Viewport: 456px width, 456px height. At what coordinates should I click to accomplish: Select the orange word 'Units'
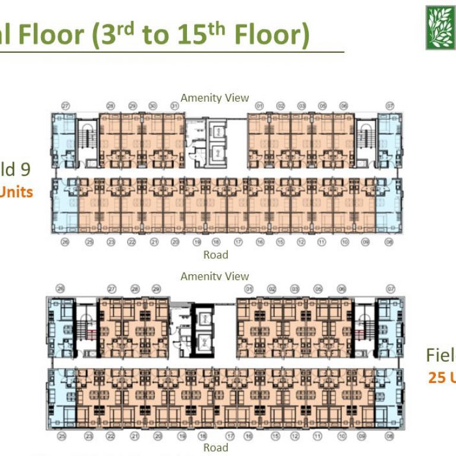[x=16, y=192]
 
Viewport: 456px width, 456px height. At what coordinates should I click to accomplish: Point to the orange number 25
[x=437, y=378]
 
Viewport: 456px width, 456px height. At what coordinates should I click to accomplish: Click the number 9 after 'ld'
[x=25, y=170]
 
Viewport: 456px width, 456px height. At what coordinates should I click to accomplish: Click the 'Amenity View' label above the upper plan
[x=215, y=97]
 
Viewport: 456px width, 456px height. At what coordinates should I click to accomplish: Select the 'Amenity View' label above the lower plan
[x=215, y=276]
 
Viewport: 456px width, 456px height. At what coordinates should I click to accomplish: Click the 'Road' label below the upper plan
[x=216, y=255]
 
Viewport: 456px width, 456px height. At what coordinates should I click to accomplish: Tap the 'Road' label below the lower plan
[x=216, y=447]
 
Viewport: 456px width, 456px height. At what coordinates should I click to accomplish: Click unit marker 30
[x=153, y=106]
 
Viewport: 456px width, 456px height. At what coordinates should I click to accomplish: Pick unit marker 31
[x=175, y=106]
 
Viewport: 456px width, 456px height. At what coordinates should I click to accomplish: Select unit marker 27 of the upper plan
[x=65, y=106]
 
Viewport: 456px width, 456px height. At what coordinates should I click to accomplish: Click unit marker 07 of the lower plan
[x=390, y=289]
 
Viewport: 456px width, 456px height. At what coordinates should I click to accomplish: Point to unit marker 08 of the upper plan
[x=389, y=242]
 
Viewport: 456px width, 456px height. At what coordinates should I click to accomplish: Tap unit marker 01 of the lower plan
[x=249, y=289]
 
